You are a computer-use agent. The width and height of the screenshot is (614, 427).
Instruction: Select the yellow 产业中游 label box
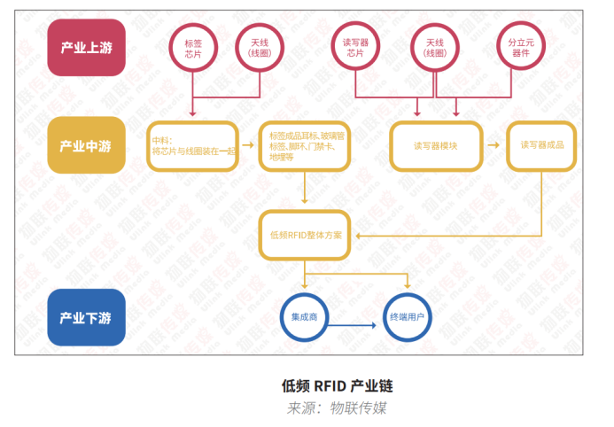[x=86, y=145]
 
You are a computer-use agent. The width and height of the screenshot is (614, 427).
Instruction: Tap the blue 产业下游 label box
[x=86, y=316]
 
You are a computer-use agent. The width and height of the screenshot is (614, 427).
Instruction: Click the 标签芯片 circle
[x=193, y=48]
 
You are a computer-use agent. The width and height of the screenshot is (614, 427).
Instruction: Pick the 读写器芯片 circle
[x=354, y=48]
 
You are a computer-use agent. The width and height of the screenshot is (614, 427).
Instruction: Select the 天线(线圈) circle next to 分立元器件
[x=435, y=48]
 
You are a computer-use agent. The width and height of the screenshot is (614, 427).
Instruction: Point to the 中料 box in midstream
[x=193, y=145]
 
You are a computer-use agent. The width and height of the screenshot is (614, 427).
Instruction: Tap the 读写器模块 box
[x=435, y=145]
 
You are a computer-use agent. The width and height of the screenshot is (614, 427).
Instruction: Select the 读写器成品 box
[x=541, y=145]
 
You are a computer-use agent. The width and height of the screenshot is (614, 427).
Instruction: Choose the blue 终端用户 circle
[x=409, y=316]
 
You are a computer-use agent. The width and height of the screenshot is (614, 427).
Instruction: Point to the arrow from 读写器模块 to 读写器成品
[x=493, y=145]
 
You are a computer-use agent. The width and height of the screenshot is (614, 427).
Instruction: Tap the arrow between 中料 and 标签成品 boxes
[x=249, y=145]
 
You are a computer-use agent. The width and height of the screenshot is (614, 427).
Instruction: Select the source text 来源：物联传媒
[x=337, y=408]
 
